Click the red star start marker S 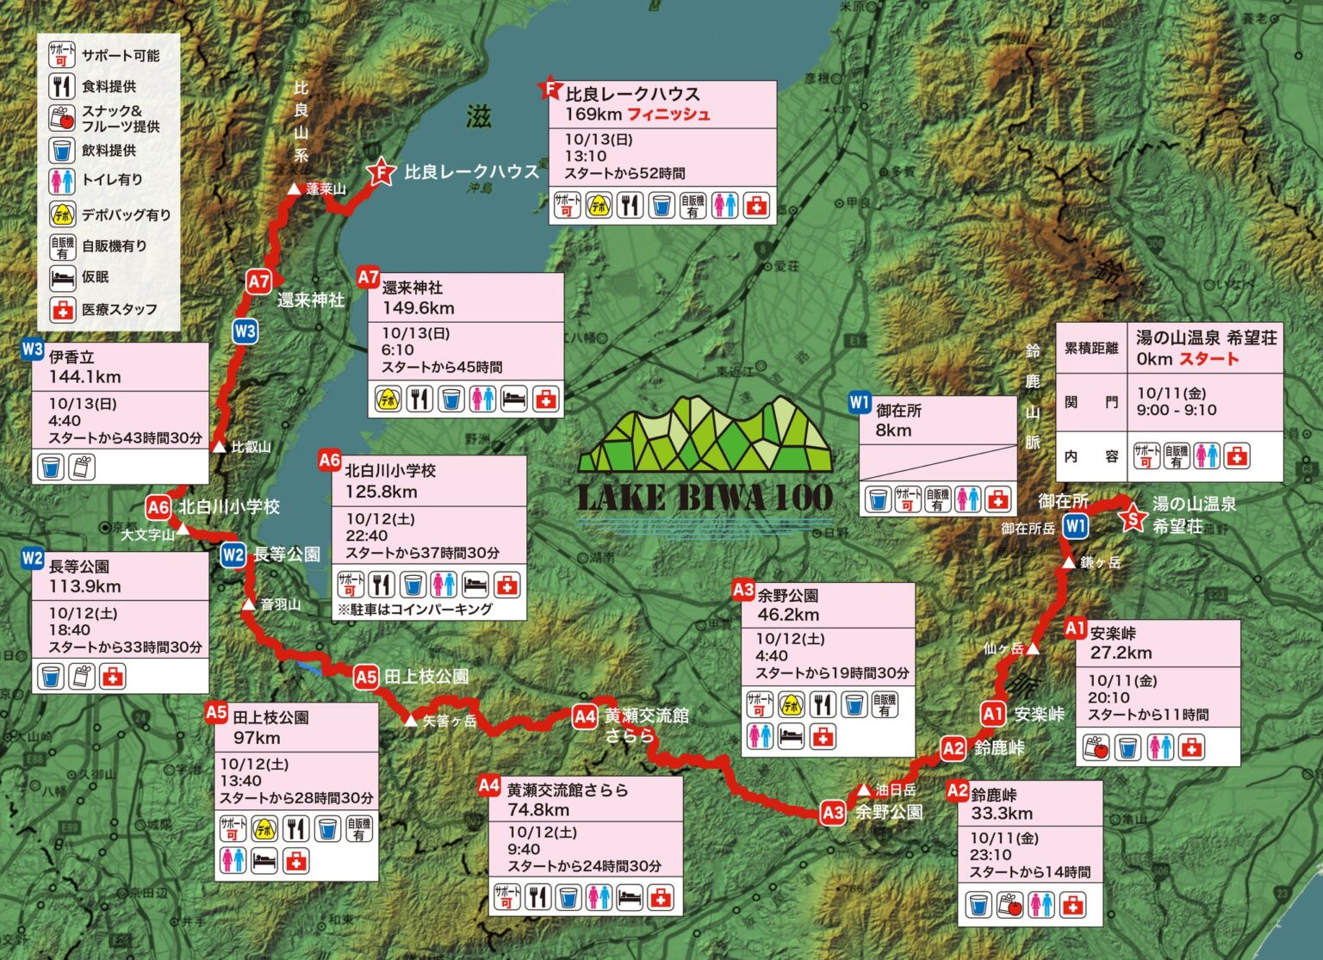[1133, 518]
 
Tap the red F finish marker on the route [380, 172]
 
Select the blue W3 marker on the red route [245, 331]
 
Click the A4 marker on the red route [585, 715]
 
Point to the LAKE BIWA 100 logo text [705, 498]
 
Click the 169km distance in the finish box [593, 115]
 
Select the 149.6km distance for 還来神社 [419, 308]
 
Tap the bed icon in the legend [62, 277]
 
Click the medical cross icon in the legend [62, 309]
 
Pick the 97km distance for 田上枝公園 [257, 738]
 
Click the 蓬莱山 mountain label [326, 189]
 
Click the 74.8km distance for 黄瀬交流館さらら [538, 810]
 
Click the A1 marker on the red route [993, 714]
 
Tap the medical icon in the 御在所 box [997, 499]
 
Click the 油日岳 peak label [896, 790]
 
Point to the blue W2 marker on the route [233, 555]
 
